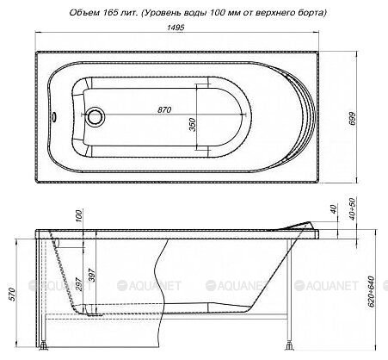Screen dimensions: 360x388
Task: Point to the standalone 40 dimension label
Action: click(334, 211)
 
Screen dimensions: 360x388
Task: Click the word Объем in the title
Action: click(83, 11)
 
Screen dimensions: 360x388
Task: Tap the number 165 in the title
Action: click(112, 11)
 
